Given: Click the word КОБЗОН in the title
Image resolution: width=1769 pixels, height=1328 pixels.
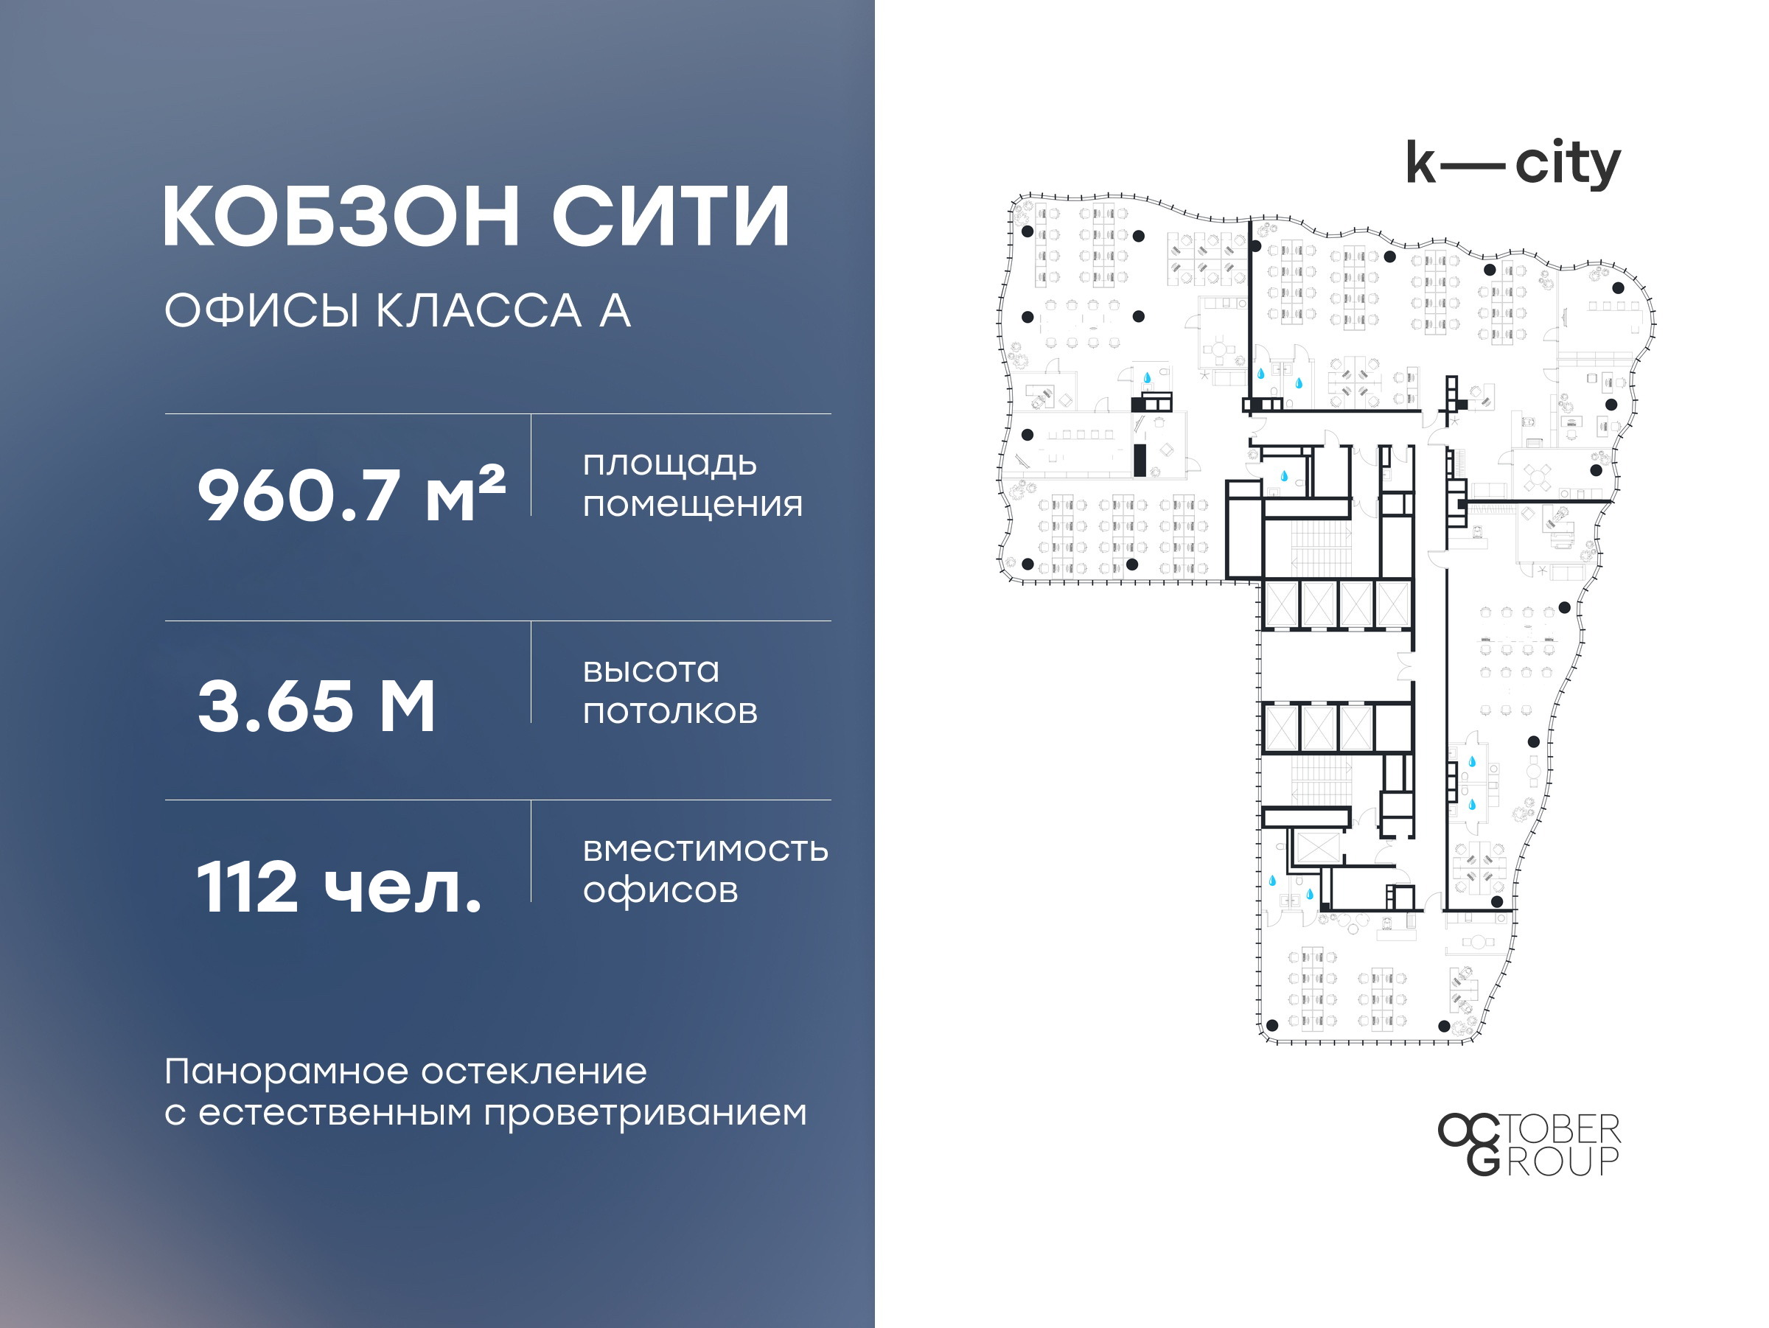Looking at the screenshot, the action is pyautogui.click(x=342, y=216).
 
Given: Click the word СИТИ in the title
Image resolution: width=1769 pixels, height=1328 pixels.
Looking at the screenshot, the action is pyautogui.click(x=671, y=216).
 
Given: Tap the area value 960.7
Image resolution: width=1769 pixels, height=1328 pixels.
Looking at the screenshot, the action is pyautogui.click(x=299, y=496).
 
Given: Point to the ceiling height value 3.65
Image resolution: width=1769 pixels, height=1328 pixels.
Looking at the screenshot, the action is pyautogui.click(x=275, y=706).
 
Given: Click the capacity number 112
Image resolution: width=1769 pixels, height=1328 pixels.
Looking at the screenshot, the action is pyautogui.click(x=247, y=887).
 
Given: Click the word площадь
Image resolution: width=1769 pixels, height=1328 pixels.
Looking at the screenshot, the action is pyautogui.click(x=670, y=464).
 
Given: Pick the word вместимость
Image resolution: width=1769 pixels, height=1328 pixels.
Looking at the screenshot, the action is pyautogui.click(x=705, y=849).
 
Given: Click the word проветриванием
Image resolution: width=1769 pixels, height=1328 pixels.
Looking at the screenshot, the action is pyautogui.click(x=646, y=1114).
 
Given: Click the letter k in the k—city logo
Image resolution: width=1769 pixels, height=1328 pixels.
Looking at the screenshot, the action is pyautogui.click(x=1421, y=163).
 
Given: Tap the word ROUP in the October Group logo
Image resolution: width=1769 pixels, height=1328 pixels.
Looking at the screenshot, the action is pyautogui.click(x=1563, y=1161).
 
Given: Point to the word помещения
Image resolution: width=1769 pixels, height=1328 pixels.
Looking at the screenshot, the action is pyautogui.click(x=693, y=506).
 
